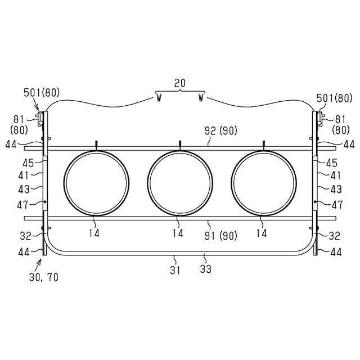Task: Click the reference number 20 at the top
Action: (x=180, y=83)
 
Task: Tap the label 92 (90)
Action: (x=220, y=131)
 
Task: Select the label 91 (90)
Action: (x=220, y=236)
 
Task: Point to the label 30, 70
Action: (x=44, y=277)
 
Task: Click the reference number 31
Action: (x=175, y=270)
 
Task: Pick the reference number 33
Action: (x=205, y=269)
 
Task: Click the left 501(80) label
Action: (x=42, y=92)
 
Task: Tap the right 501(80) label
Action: (x=334, y=98)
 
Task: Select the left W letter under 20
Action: (x=159, y=98)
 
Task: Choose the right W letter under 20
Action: (x=201, y=98)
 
